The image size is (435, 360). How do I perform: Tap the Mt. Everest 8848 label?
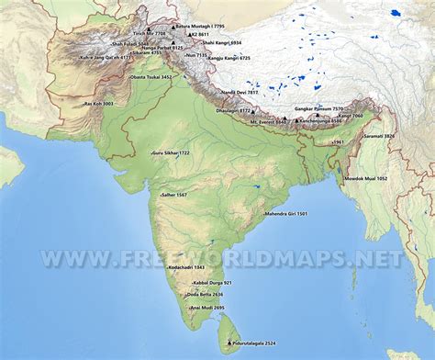(x=270, y=120)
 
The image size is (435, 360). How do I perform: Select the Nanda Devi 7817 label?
(x=240, y=93)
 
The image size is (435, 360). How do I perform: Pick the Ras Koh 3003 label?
(x=98, y=104)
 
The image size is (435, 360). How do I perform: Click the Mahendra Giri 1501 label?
(x=285, y=213)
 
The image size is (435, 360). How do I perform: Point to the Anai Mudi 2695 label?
(x=206, y=307)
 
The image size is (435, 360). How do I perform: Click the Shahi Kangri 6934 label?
(x=222, y=42)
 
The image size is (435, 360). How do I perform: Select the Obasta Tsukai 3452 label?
(x=152, y=77)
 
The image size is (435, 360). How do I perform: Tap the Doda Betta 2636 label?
(x=204, y=294)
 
